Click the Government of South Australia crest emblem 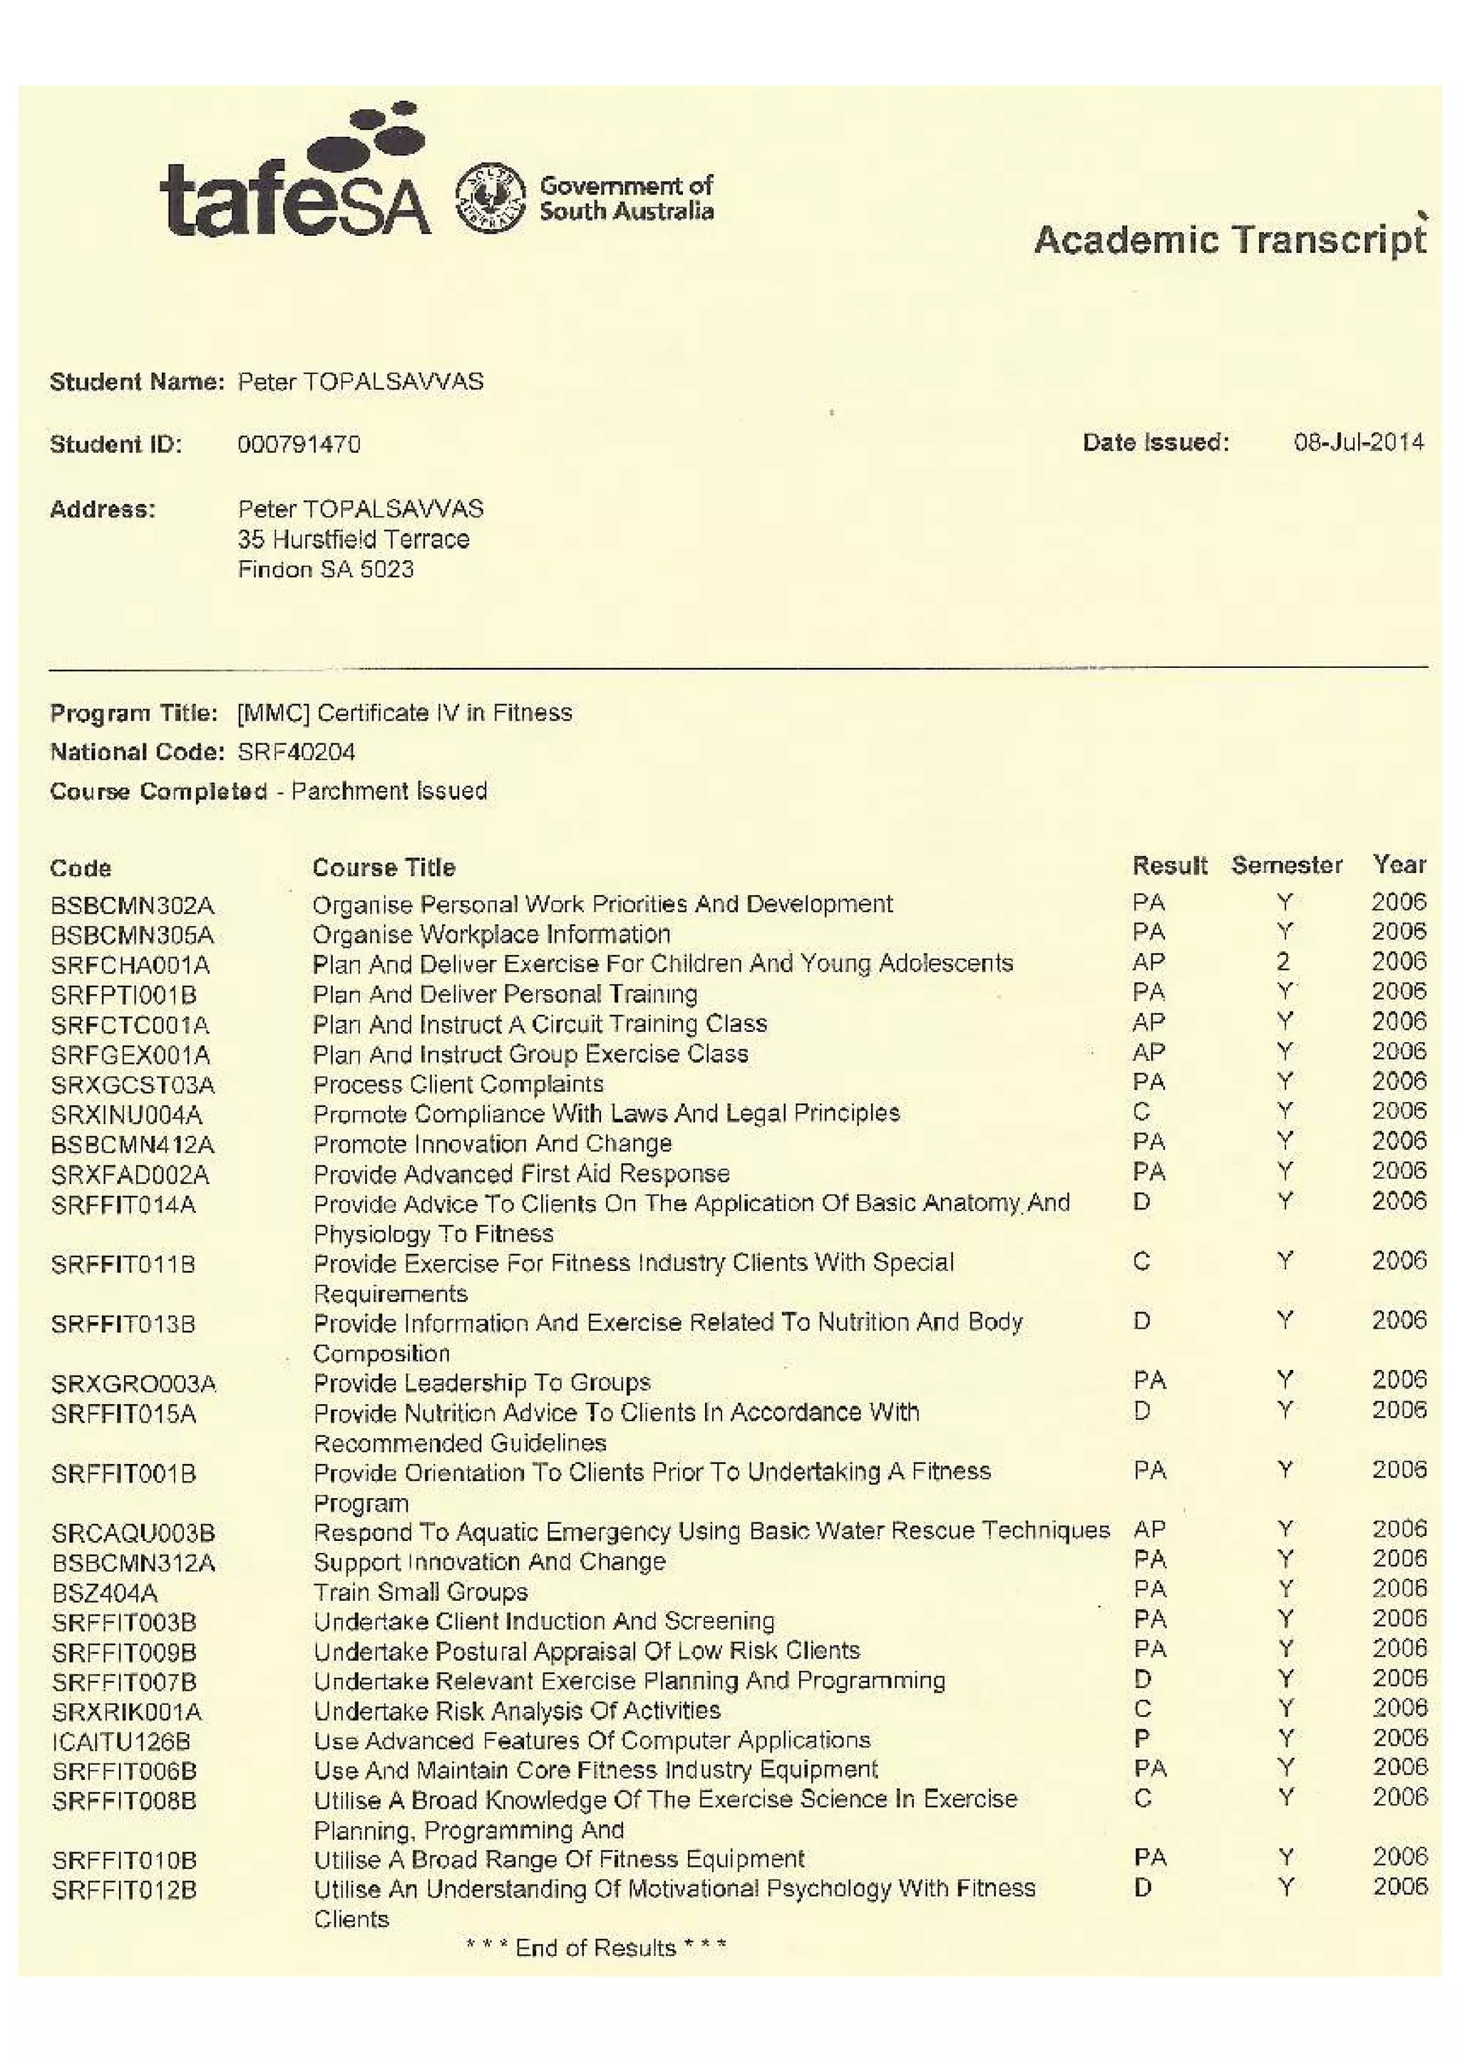tap(490, 197)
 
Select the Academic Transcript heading tap(1229, 239)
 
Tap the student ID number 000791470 tap(299, 444)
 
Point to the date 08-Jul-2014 tap(1358, 442)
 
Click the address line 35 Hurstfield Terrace tap(354, 540)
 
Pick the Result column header tap(1168, 865)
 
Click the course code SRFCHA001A tap(130, 965)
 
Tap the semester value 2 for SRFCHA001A tap(1284, 962)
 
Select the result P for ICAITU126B tap(1142, 1738)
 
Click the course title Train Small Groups tap(420, 1592)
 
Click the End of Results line tap(595, 1948)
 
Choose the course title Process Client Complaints tap(458, 1084)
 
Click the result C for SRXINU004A tap(1141, 1112)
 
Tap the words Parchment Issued tap(389, 791)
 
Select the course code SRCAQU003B tap(133, 1532)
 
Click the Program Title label tap(133, 713)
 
